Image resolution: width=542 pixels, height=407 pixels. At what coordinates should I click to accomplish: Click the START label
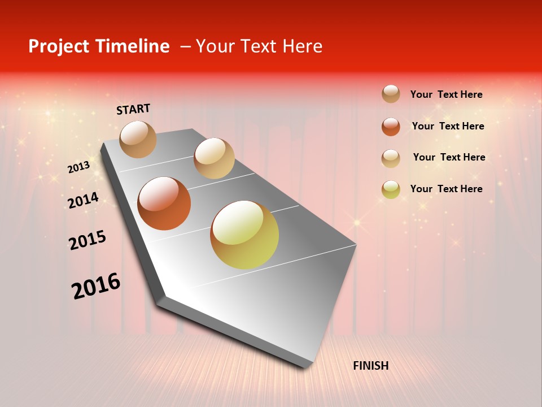click(x=133, y=109)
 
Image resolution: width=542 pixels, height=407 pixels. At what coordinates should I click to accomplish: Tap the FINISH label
click(x=370, y=366)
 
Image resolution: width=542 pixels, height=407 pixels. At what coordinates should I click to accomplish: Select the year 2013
click(x=79, y=167)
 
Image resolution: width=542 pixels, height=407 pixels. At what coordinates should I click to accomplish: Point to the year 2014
click(x=83, y=200)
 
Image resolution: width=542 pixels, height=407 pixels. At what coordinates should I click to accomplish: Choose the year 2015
click(x=88, y=240)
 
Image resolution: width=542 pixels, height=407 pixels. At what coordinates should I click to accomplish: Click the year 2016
click(x=96, y=285)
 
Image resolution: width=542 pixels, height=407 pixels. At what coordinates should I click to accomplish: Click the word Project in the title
click(x=58, y=46)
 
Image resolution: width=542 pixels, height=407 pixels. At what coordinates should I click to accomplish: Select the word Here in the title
click(x=302, y=46)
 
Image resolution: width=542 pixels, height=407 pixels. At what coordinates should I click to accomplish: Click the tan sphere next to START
click(x=138, y=139)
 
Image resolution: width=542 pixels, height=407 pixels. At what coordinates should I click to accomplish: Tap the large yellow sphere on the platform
click(x=244, y=234)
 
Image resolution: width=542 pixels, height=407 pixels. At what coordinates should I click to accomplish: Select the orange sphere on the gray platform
click(x=164, y=203)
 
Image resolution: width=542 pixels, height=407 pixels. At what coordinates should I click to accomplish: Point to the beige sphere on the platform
click(x=214, y=158)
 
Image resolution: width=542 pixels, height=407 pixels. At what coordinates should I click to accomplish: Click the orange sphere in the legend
click(x=391, y=127)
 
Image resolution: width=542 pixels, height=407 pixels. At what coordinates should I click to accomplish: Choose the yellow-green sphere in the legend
click(x=391, y=189)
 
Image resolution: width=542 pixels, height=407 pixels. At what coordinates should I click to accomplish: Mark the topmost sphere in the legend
click(x=391, y=94)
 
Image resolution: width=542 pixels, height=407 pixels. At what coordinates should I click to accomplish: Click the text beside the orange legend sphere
click(x=448, y=126)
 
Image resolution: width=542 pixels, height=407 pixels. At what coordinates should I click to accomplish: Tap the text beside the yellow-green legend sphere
click(x=446, y=189)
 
